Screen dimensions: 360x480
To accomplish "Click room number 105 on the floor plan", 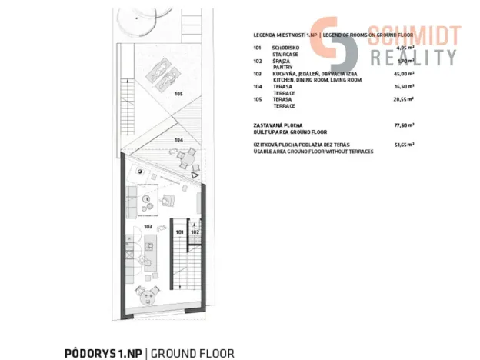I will [x=178, y=94].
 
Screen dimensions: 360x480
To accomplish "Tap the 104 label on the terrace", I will [x=178, y=141].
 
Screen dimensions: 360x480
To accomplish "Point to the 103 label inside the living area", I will [x=148, y=227].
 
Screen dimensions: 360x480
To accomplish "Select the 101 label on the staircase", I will [x=178, y=231].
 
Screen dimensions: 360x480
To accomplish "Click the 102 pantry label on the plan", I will [x=195, y=231].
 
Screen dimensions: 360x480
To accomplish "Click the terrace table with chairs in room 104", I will [x=186, y=159].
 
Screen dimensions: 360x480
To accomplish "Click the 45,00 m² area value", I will [x=404, y=75].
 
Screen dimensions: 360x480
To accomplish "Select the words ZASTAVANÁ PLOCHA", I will [x=278, y=124].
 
